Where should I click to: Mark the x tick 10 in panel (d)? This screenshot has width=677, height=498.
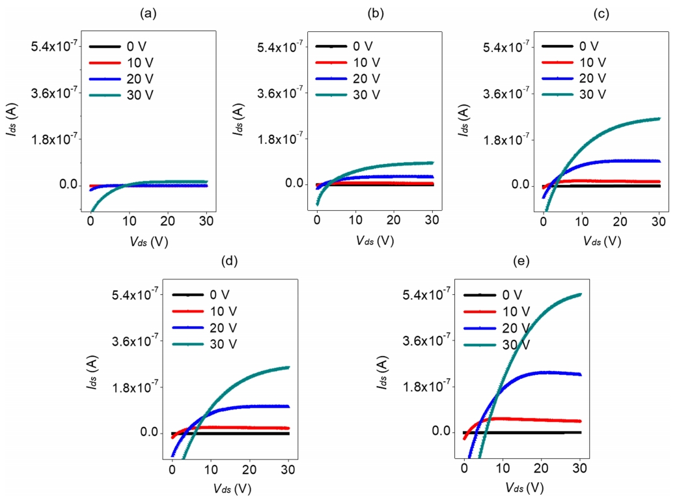pyautogui.click(x=211, y=471)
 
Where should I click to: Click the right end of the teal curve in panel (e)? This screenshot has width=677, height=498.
pyautogui.click(x=580, y=294)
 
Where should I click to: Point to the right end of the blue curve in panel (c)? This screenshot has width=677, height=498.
pyautogui.click(x=659, y=161)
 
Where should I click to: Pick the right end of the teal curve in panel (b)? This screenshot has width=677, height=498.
pyautogui.click(x=432, y=163)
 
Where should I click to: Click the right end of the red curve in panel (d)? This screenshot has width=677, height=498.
pyautogui.click(x=288, y=428)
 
